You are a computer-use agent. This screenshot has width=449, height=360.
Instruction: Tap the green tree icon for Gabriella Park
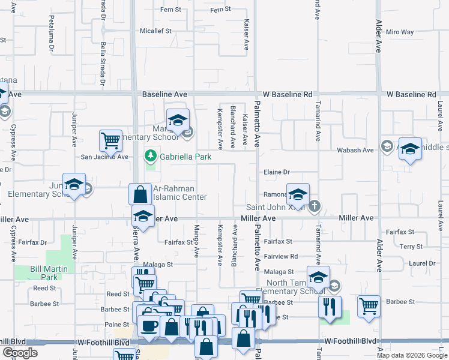[150, 157]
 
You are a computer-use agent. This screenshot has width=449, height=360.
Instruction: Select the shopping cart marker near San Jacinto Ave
[110, 141]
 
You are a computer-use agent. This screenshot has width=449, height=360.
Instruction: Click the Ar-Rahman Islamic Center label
[179, 193]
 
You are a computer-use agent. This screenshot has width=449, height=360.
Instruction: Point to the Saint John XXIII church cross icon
[313, 207]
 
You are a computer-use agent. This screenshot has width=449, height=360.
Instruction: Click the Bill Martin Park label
[45, 273]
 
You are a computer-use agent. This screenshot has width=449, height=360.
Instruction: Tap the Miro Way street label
[400, 32]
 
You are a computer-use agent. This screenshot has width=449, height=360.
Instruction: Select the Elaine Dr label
[277, 172]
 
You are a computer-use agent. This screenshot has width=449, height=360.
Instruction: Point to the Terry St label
[411, 247]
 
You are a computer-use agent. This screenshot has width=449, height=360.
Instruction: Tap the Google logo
[20, 353]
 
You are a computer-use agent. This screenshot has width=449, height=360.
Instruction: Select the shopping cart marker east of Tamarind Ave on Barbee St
[369, 306]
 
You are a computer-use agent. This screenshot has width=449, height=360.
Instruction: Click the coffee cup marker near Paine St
[149, 326]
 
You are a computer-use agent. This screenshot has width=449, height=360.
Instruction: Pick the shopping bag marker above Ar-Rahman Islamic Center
[140, 194]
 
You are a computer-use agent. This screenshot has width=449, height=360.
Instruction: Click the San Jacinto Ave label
[105, 157]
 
